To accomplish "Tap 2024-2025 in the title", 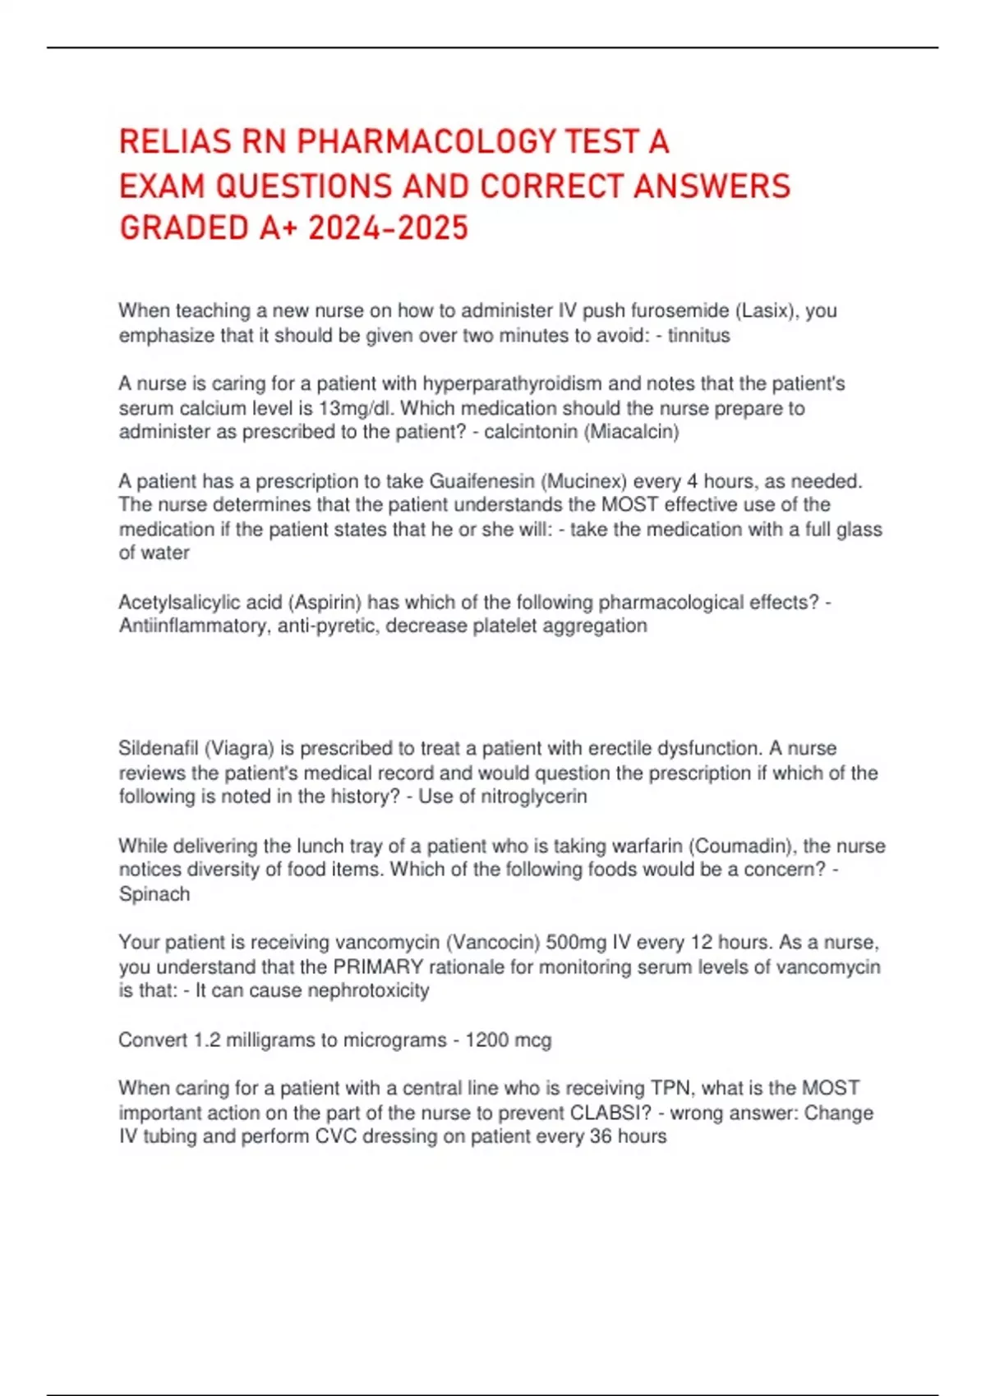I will tap(388, 227).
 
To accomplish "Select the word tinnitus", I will tap(698, 335).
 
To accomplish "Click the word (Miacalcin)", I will tap(631, 432).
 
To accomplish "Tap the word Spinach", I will tap(154, 894).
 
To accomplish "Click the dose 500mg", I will tap(575, 942).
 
